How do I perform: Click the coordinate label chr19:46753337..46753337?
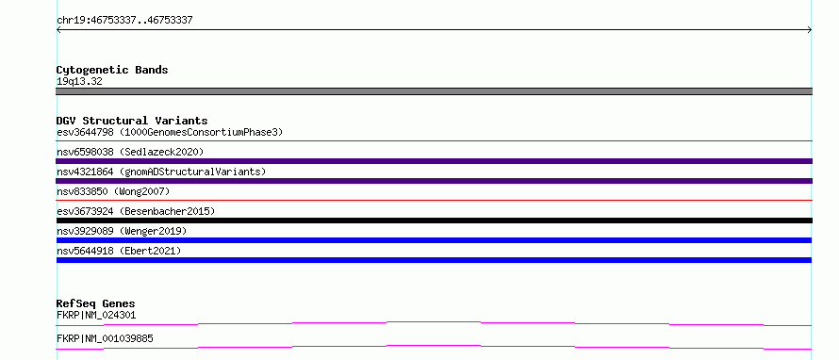[x=124, y=21]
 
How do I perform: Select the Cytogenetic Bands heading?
[x=112, y=70]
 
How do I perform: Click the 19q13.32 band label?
[x=79, y=82]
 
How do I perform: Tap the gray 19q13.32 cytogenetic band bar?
[x=434, y=91]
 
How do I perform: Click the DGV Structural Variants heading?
[x=132, y=121]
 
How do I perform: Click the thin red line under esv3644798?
[x=434, y=141]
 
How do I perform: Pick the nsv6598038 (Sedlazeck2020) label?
[x=130, y=152]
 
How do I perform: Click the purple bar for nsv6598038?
[x=434, y=161]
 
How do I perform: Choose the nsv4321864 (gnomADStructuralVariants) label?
[x=161, y=172]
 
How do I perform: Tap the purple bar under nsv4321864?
[x=434, y=181]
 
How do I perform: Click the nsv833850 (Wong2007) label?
[x=113, y=191]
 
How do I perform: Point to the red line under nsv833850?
[x=434, y=201]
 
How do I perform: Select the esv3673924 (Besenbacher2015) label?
[x=136, y=211]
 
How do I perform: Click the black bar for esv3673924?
[x=434, y=221]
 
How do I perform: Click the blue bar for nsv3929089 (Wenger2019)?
[x=434, y=240]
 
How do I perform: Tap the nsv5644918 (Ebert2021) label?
[x=119, y=251]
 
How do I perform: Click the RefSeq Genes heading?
[x=96, y=303]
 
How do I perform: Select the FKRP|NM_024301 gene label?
[x=96, y=316]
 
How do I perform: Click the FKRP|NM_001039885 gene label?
[x=105, y=339]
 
